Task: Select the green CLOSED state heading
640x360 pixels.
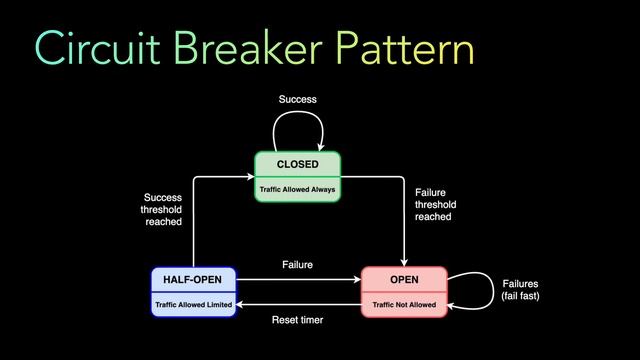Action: pos(297,164)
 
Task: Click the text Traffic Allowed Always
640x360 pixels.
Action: pos(297,188)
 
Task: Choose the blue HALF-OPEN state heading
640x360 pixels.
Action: pos(193,279)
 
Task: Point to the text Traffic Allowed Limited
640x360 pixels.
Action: pos(193,303)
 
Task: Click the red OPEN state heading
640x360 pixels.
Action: pos(404,279)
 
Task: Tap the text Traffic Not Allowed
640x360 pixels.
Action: pos(404,303)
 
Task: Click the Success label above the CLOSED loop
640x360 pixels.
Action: pos(297,100)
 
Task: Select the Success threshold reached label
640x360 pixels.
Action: pos(162,209)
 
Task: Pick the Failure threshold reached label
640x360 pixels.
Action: pos(434,203)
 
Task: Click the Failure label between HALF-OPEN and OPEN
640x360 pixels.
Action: pos(297,265)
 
